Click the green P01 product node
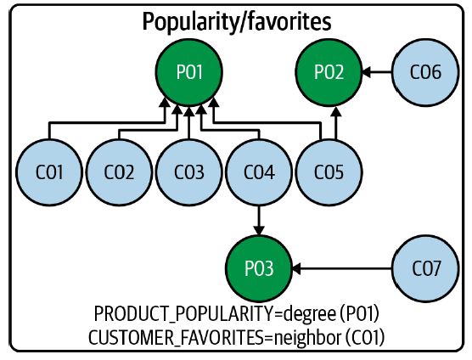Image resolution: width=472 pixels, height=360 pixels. pyautogui.click(x=189, y=72)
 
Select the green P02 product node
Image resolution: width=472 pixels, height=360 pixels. pyautogui.click(x=329, y=72)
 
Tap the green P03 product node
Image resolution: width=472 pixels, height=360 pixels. pyautogui.click(x=259, y=268)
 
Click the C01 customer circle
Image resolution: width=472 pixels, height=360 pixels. pyautogui.click(x=49, y=172)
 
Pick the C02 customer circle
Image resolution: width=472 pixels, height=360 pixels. pyautogui.click(x=119, y=172)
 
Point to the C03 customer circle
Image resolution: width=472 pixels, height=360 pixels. pyautogui.click(x=189, y=172)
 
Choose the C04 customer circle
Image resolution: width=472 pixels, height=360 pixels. pyautogui.click(x=259, y=172)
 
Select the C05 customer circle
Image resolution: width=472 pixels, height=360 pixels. pyautogui.click(x=329, y=172)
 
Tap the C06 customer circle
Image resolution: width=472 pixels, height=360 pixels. pyautogui.click(x=425, y=72)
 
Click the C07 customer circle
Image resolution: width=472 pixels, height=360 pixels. pyautogui.click(x=425, y=268)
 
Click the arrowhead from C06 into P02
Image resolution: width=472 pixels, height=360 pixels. pyautogui.click(x=367, y=72)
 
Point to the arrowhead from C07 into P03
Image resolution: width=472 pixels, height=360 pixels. pyautogui.click(x=296, y=268)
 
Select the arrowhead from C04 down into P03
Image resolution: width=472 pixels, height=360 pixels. pyautogui.click(x=259, y=230)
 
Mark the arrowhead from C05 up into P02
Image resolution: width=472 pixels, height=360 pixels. pyautogui.click(x=336, y=111)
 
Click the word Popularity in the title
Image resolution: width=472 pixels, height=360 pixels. pyautogui.click(x=186, y=22)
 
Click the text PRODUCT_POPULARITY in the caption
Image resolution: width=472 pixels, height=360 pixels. pyautogui.click(x=184, y=314)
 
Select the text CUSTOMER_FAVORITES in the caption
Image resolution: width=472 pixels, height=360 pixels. pyautogui.click(x=176, y=338)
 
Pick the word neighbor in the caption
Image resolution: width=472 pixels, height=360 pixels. pyautogui.click(x=308, y=338)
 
